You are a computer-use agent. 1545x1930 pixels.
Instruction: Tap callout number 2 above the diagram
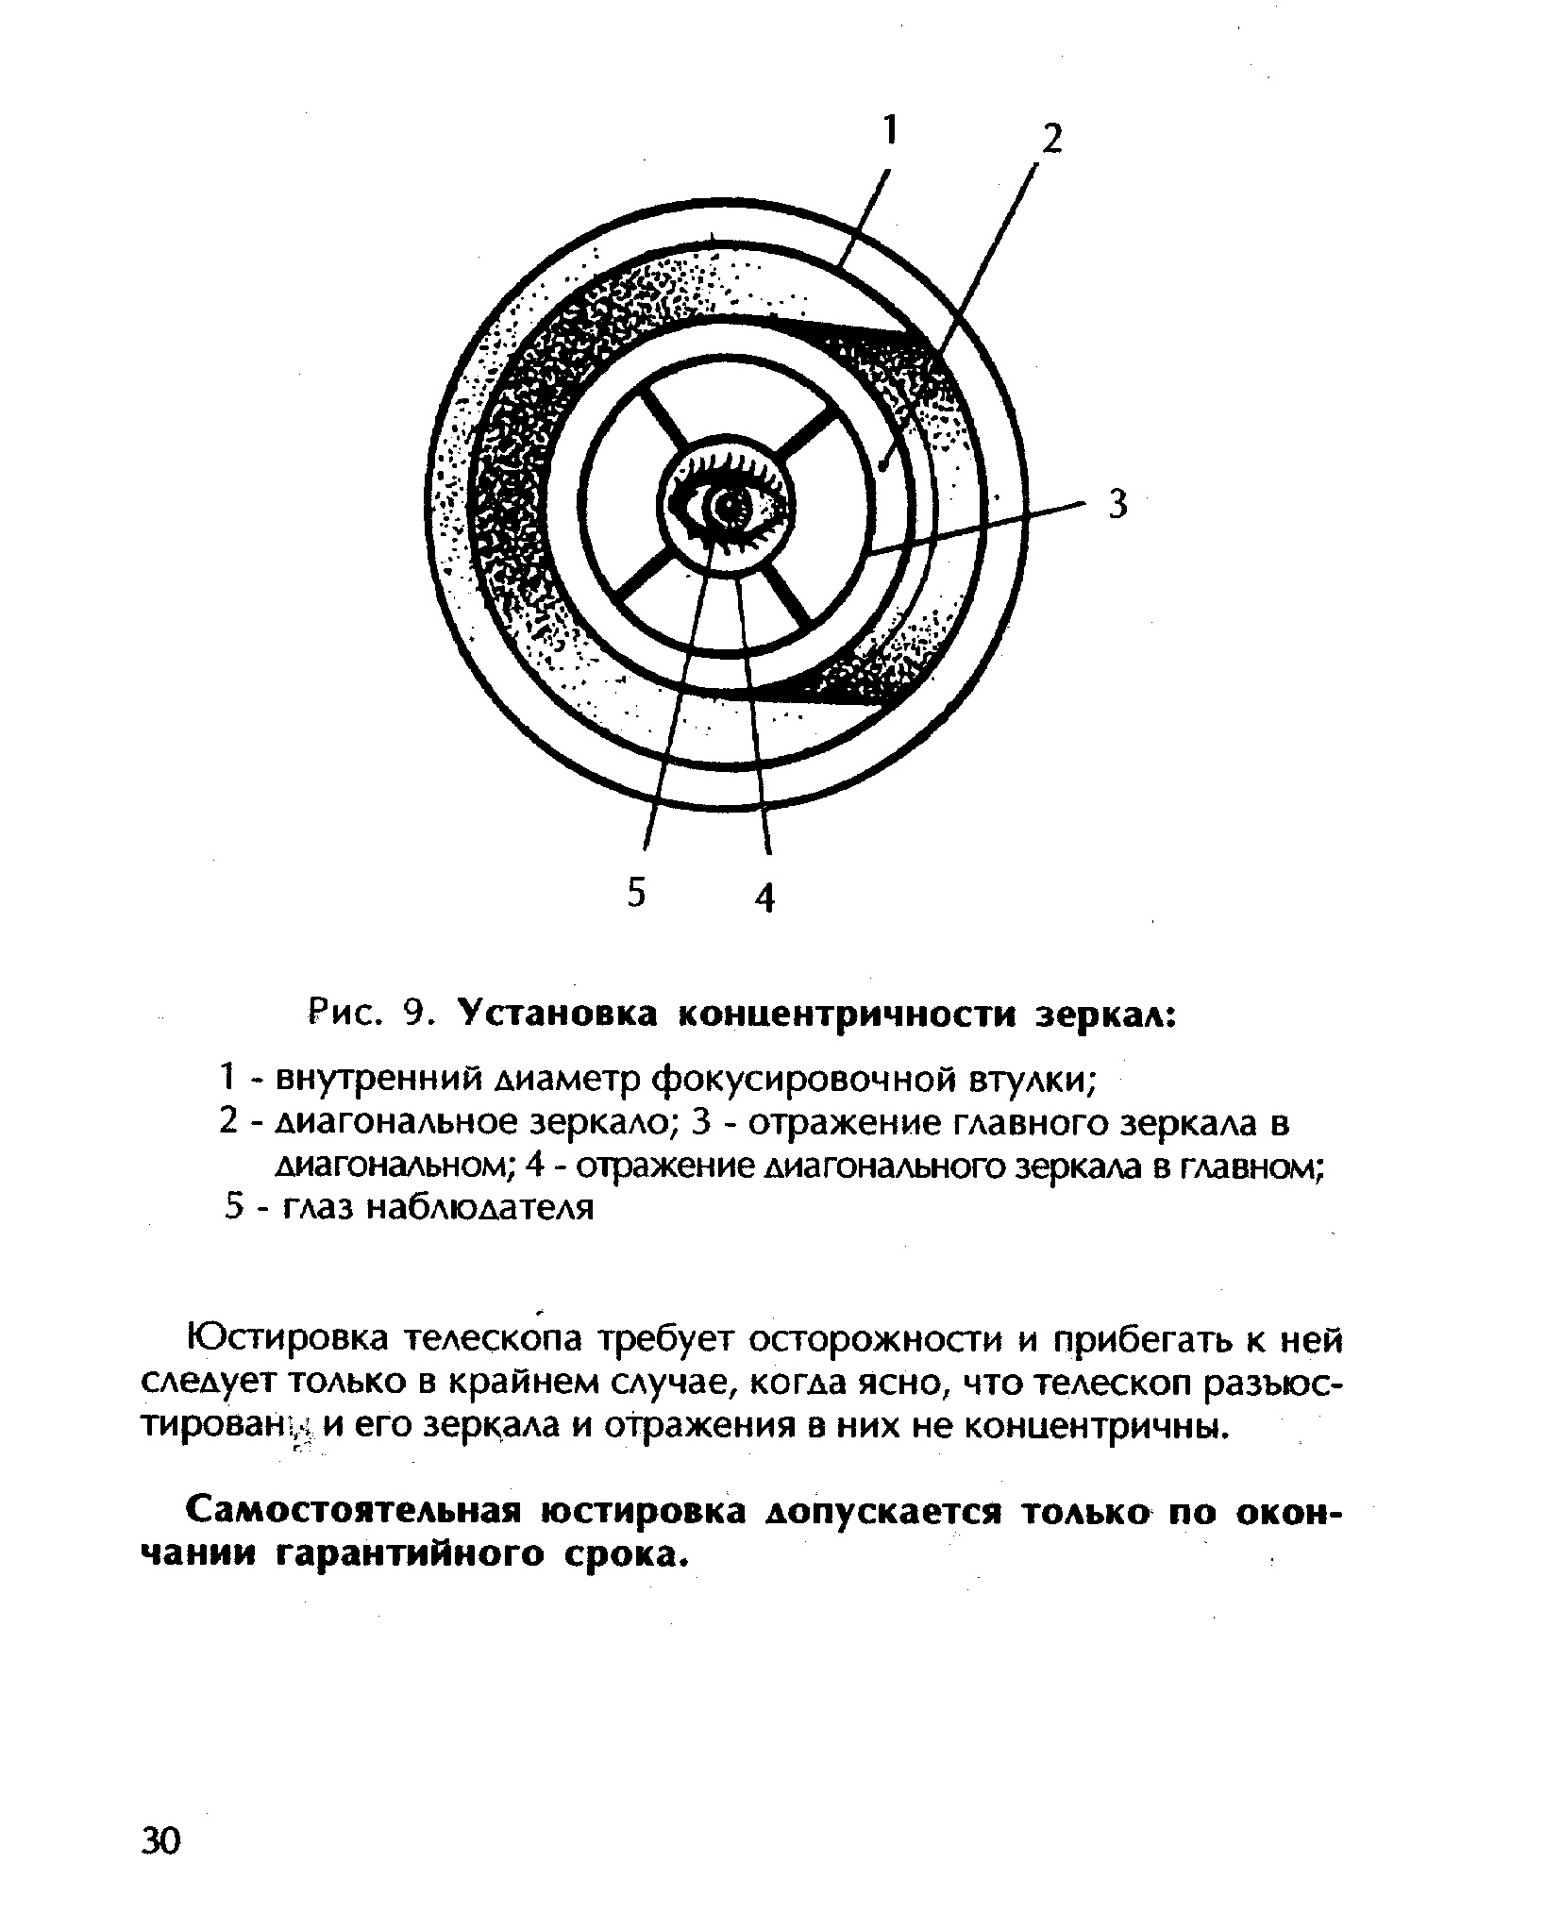pyautogui.click(x=1050, y=140)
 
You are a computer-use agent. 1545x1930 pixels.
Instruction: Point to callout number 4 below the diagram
pyautogui.click(x=764, y=898)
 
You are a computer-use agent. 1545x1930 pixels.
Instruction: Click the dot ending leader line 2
pyautogui.click(x=882, y=465)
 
